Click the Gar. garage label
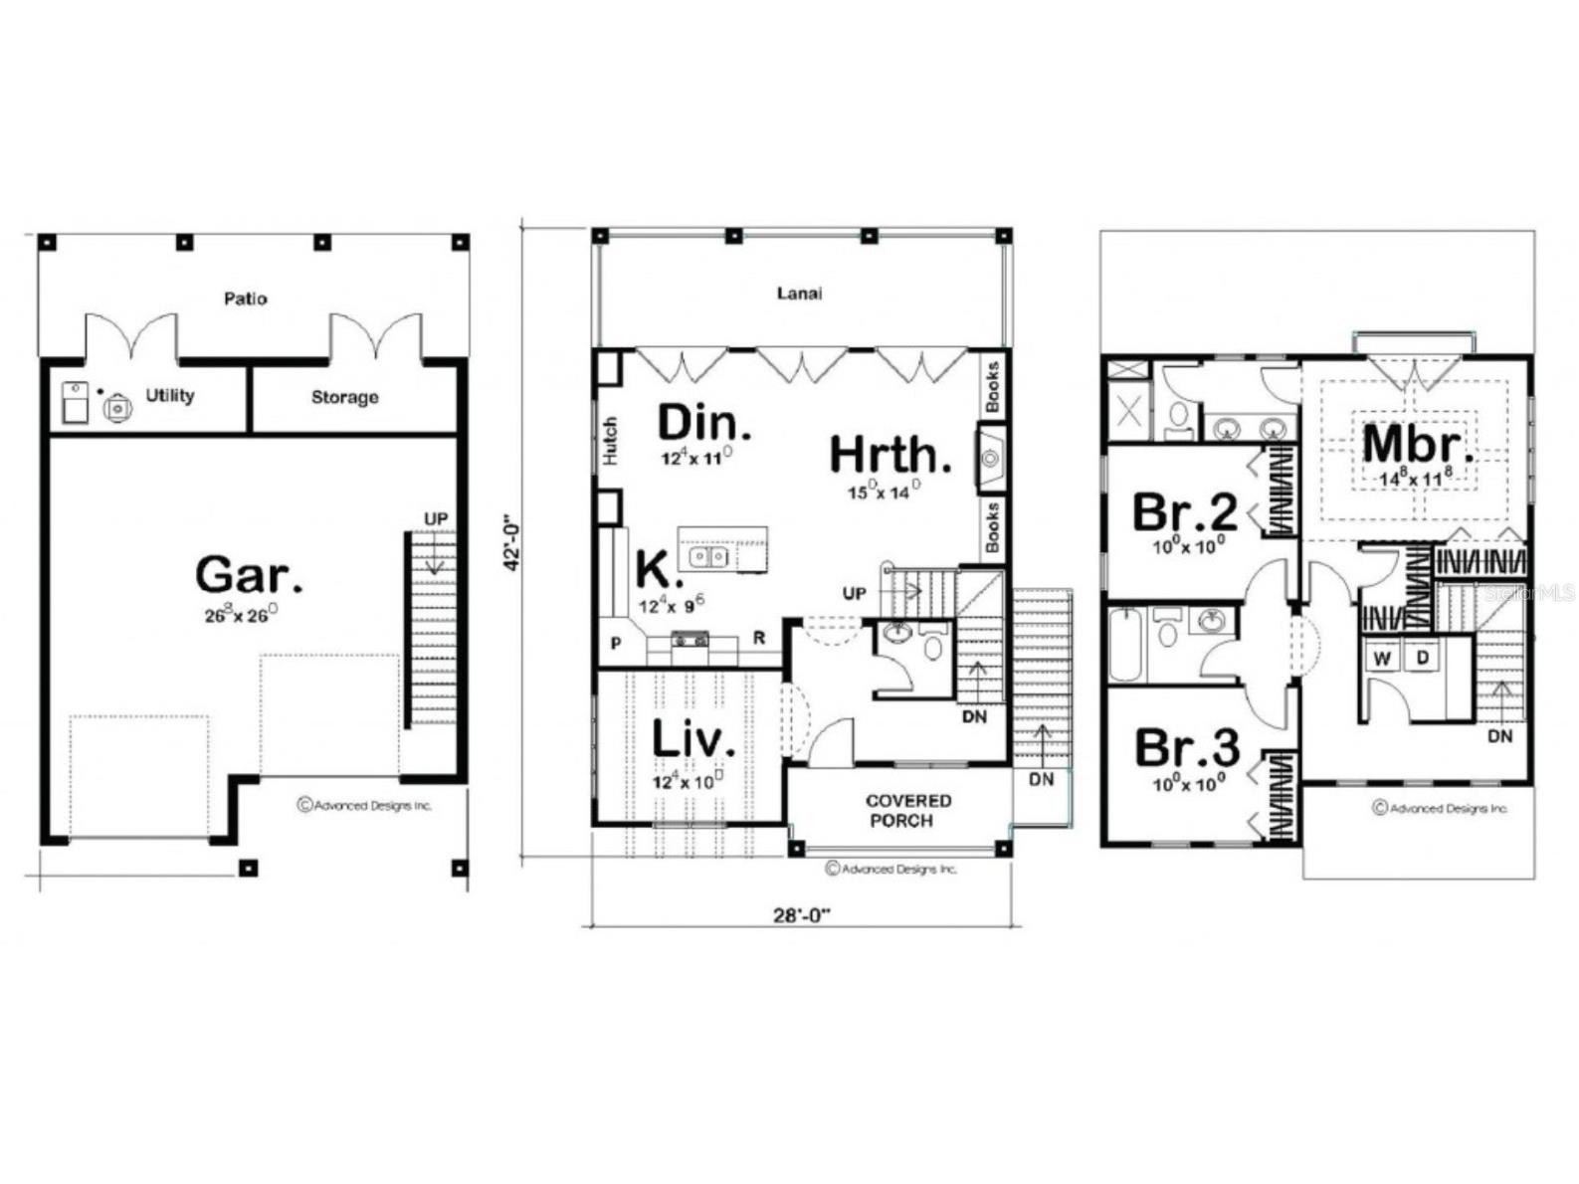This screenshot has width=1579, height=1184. click(x=248, y=575)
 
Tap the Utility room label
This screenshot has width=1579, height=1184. click(x=169, y=395)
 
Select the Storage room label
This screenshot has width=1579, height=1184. click(x=344, y=397)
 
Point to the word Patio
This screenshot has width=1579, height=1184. click(x=245, y=297)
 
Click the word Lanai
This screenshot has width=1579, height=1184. click(x=800, y=294)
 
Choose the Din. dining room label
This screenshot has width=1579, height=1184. click(x=703, y=424)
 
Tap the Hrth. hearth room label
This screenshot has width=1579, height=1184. click(x=889, y=456)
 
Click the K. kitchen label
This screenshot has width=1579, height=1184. click(x=659, y=572)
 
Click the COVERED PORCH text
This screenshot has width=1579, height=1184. click(x=907, y=811)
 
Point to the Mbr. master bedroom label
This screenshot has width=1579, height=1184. click(x=1418, y=445)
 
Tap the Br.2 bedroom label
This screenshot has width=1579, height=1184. click(x=1184, y=513)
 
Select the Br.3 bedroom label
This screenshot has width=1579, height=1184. click(x=1186, y=747)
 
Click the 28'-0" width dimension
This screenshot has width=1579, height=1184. click(x=802, y=914)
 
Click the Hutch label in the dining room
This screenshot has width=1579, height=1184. click(x=611, y=441)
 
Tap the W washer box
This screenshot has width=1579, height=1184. click(x=1382, y=658)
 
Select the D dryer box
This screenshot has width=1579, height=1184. click(x=1423, y=658)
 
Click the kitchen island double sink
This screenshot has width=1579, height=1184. click(x=709, y=555)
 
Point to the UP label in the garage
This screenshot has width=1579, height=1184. click(x=436, y=518)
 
